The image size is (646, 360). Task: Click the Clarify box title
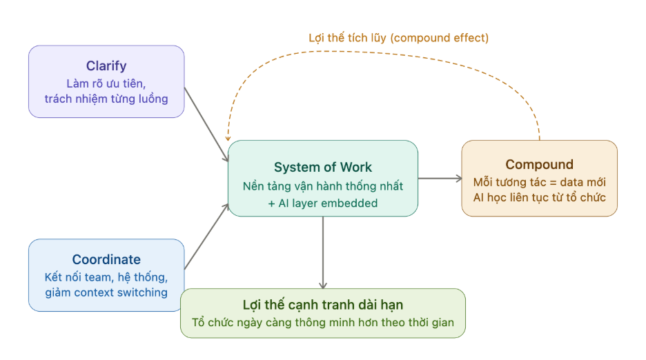pyautogui.click(x=106, y=66)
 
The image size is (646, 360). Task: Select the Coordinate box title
pyautogui.click(x=106, y=260)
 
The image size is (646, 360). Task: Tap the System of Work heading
pyautogui.click(x=322, y=168)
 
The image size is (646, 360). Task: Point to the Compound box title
pyautogui.click(x=539, y=165)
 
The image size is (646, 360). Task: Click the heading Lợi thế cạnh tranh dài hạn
pyautogui.click(x=322, y=305)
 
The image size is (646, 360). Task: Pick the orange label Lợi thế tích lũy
pyautogui.click(x=349, y=39)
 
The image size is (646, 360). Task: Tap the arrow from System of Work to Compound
pyautogui.click(x=439, y=179)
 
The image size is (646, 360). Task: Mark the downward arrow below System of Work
pyautogui.click(x=322, y=252)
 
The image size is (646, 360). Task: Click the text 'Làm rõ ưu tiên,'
pyautogui.click(x=106, y=83)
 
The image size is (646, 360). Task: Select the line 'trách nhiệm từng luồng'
pyautogui.click(x=106, y=99)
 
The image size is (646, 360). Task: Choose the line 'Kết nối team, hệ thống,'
pyautogui.click(x=106, y=277)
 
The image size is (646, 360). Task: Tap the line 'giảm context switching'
pyautogui.click(x=106, y=292)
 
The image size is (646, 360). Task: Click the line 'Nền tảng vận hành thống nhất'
pyautogui.click(x=322, y=186)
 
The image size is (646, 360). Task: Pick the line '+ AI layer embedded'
pyautogui.click(x=322, y=202)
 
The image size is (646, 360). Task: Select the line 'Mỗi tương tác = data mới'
pyautogui.click(x=539, y=183)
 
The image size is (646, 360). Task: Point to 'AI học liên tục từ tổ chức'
pyautogui.click(x=539, y=198)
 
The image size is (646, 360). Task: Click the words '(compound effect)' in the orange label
pyautogui.click(x=440, y=39)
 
